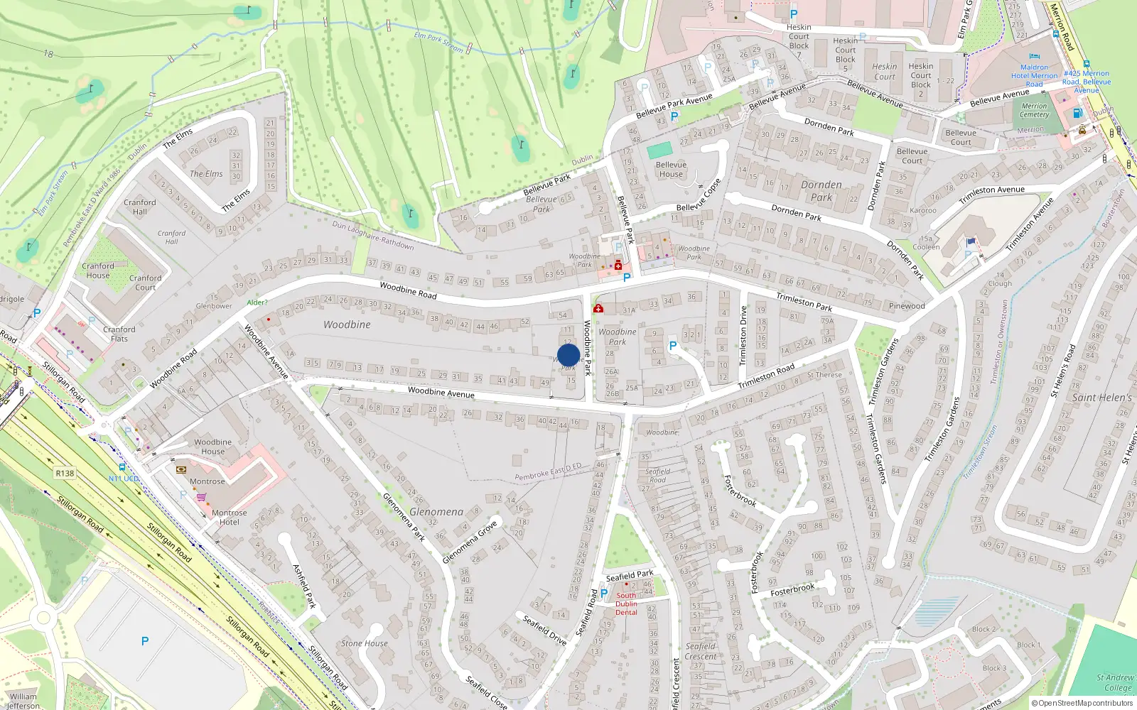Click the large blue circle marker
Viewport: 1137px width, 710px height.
[x=568, y=355]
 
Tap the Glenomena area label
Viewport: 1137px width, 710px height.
[x=436, y=512]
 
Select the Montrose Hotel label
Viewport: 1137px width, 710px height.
[x=229, y=517]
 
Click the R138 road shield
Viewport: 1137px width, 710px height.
[x=65, y=474]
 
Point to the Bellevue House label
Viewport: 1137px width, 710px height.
[x=671, y=169]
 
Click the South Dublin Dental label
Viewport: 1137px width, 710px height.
[x=626, y=604]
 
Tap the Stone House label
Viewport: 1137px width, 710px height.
[x=365, y=643]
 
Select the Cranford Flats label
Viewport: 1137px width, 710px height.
[x=119, y=334]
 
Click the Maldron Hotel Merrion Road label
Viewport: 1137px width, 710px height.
[x=1034, y=75]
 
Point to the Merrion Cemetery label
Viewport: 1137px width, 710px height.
[x=1034, y=110]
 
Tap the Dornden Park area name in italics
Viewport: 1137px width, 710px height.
[x=821, y=191]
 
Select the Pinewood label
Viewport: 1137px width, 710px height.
[x=907, y=306]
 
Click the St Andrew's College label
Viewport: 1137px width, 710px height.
[x=1116, y=682]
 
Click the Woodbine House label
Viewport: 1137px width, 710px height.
[x=212, y=446]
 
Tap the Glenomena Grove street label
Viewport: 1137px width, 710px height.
[x=470, y=542]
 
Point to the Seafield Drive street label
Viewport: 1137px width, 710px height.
[x=545, y=630]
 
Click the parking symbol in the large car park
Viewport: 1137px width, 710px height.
[x=145, y=641]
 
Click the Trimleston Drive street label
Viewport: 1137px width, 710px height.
[x=743, y=334]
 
